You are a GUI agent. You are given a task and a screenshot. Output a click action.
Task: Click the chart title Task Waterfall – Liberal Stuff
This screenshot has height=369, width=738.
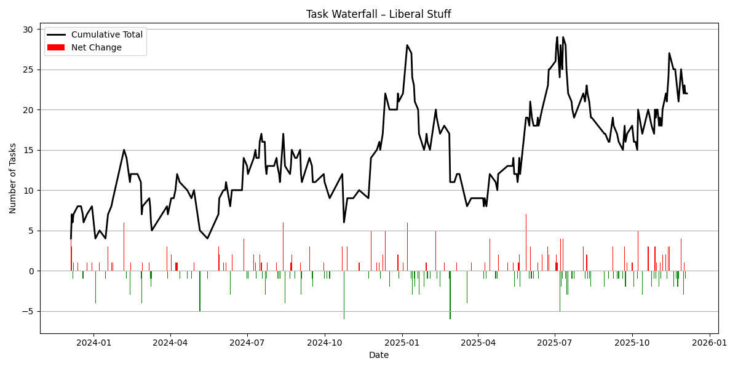(x=378, y=14)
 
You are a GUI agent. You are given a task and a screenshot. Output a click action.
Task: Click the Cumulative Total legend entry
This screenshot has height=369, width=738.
(x=106, y=35)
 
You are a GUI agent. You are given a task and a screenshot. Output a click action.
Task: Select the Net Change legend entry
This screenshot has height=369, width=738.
(x=96, y=47)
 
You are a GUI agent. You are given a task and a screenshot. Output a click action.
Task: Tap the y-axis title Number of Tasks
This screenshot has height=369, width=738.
(x=13, y=178)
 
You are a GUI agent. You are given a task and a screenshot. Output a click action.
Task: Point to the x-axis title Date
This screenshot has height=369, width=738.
(x=378, y=355)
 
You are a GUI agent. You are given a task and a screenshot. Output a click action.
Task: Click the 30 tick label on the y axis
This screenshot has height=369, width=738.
(x=28, y=30)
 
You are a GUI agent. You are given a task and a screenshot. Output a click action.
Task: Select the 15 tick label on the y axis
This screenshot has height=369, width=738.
(x=28, y=150)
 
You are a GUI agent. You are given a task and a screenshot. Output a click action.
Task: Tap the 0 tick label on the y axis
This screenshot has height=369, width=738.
(x=30, y=271)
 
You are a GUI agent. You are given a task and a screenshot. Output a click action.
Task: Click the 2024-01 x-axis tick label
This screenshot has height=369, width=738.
(x=94, y=343)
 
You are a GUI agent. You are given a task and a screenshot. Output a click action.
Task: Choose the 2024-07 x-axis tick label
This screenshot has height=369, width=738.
(x=247, y=343)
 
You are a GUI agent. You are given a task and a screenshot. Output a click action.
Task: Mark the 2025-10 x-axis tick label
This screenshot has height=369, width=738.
(x=632, y=343)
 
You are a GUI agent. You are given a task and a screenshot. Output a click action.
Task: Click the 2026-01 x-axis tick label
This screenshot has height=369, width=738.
(x=710, y=343)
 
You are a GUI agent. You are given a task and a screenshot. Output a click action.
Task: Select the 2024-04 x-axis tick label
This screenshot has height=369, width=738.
(x=170, y=343)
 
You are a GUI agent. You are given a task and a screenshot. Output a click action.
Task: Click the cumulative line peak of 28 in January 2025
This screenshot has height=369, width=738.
(x=407, y=45)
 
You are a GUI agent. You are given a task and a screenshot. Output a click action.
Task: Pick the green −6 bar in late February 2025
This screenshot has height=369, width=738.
(x=450, y=295)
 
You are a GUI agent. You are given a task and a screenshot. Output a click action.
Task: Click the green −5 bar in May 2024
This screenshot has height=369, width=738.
(x=200, y=291)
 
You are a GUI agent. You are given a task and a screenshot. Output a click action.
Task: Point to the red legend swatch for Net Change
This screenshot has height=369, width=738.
(x=56, y=47)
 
